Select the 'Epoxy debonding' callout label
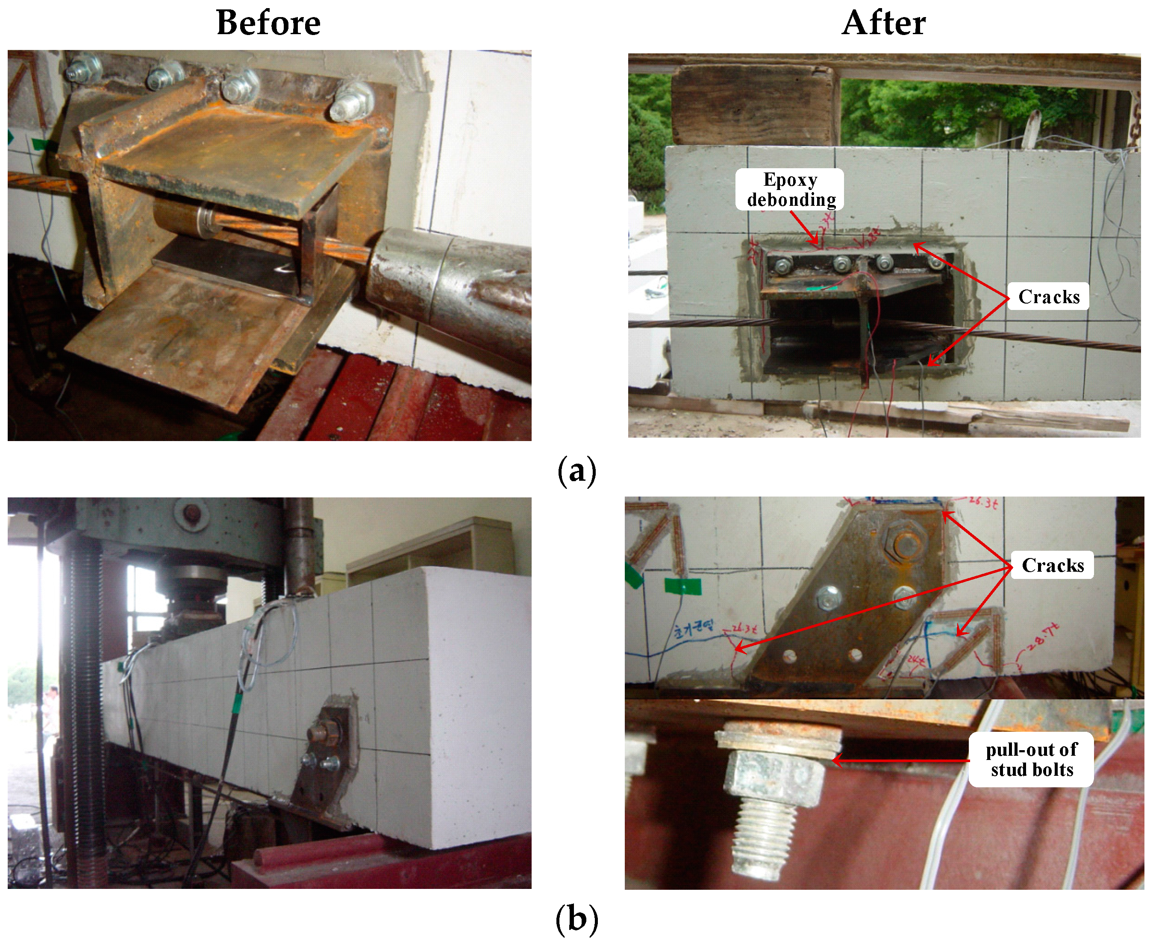pyautogui.click(x=790, y=189)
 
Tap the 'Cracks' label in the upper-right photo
pyautogui.click(x=1048, y=296)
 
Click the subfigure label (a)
pyautogui.click(x=577, y=471)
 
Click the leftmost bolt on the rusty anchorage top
pyautogui.click(x=84, y=68)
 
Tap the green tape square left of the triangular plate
pyautogui.click(x=682, y=586)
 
